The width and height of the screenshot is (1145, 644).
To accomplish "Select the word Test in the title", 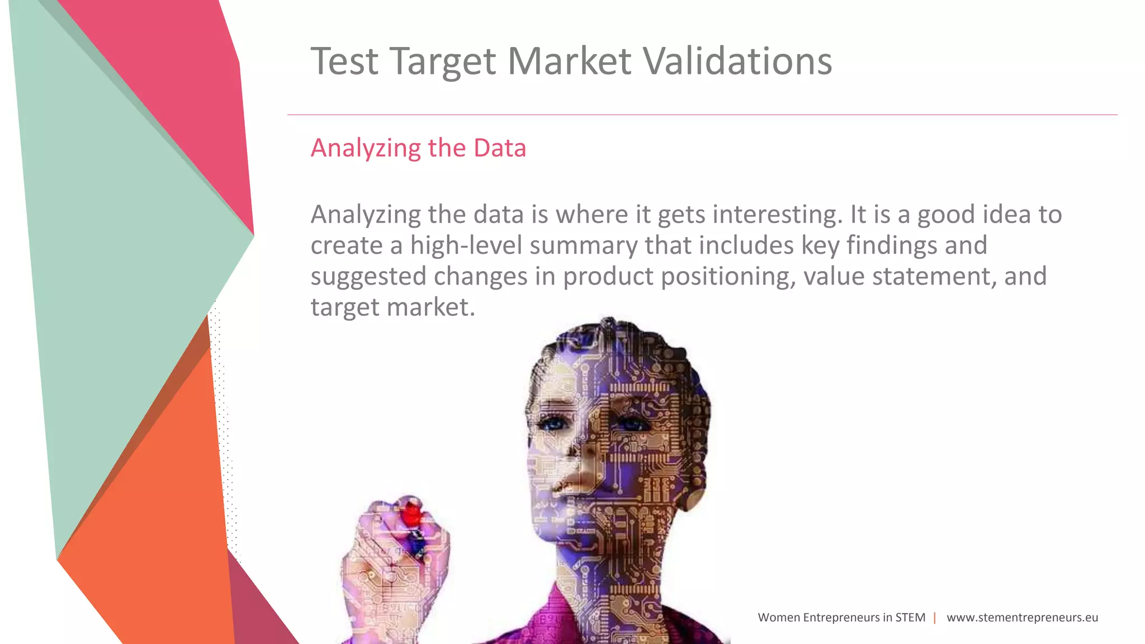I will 344,61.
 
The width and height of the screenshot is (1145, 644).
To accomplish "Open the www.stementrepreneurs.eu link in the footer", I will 1022,618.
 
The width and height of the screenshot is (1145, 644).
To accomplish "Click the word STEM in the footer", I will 910,618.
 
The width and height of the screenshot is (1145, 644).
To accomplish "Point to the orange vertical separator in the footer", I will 935,618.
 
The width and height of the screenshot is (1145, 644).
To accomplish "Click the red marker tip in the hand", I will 412,513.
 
